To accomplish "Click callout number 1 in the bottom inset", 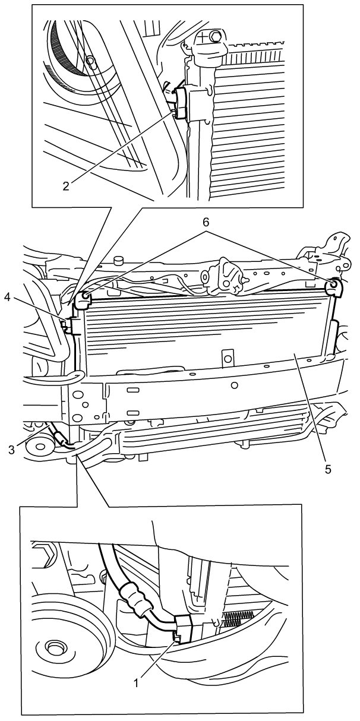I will tap(136, 683).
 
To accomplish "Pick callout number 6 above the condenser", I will tap(206, 222).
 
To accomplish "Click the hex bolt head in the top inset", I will tap(216, 36).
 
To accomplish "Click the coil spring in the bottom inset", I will tap(240, 618).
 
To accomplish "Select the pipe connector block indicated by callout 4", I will tap(73, 325).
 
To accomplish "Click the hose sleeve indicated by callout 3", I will tap(61, 440).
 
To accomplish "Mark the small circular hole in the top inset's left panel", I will tap(90, 60).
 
